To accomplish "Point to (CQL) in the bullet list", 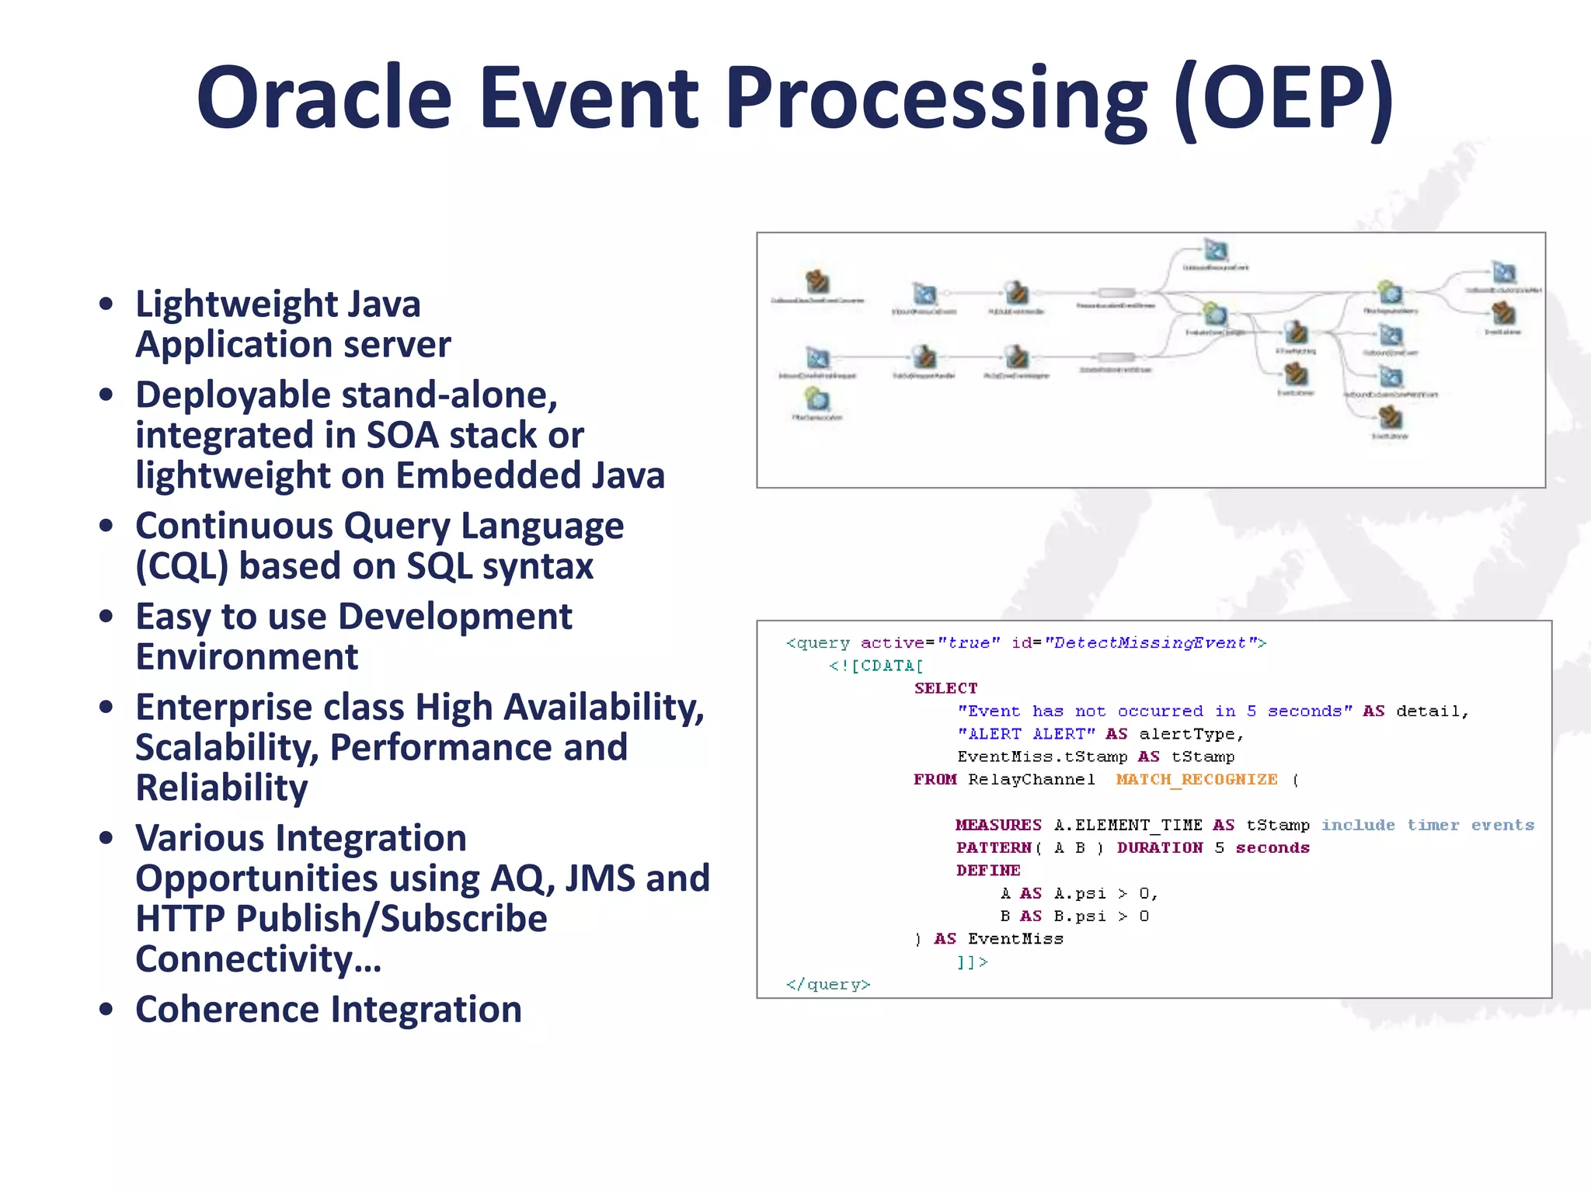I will coord(182,566).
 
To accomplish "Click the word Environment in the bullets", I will coord(246,657).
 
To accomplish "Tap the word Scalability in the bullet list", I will coord(227,747).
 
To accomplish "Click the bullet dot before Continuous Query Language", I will coord(106,526).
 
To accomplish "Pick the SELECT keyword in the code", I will coord(945,688).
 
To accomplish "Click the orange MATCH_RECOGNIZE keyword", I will coord(1196,779).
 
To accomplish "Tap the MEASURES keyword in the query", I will coord(998,825).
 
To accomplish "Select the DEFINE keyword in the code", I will coord(988,871).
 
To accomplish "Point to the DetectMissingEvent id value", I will coord(1145,642).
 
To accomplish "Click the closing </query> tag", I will coord(828,985).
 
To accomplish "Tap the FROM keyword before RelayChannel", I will coord(935,779).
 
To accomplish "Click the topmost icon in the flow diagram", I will coord(1215,251).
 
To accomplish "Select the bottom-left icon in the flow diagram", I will coord(816,400).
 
